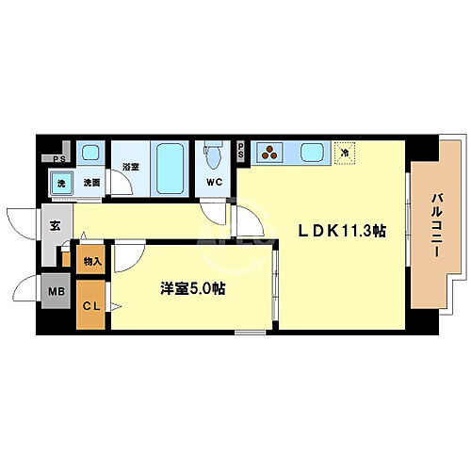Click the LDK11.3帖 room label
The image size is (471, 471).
tap(343, 230)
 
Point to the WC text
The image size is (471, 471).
tap(214, 183)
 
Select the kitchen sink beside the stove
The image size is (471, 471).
tap(311, 151)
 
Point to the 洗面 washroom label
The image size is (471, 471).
tap(90, 183)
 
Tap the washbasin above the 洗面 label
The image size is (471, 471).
tap(90, 153)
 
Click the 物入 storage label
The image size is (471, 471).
tap(92, 260)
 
